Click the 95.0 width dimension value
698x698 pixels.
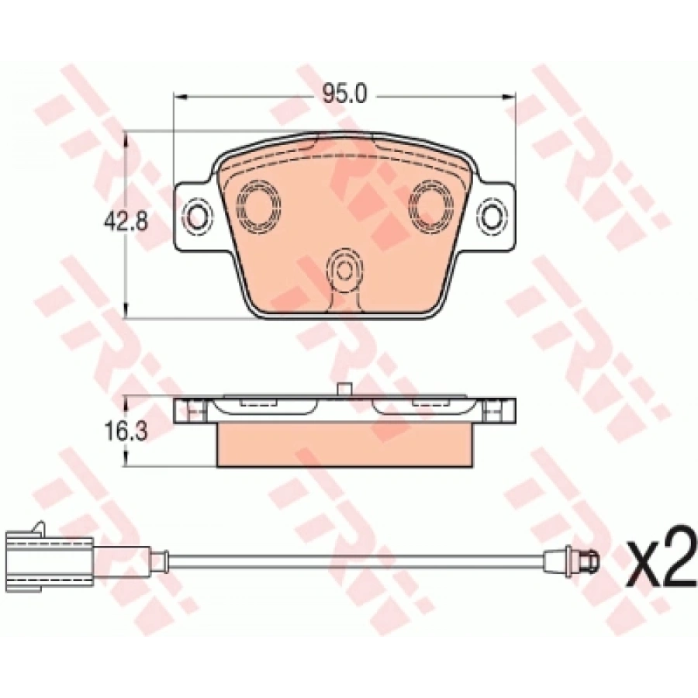pyautogui.click(x=344, y=96)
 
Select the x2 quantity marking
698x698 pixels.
pyautogui.click(x=659, y=568)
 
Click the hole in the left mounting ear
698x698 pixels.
pyautogui.click(x=199, y=213)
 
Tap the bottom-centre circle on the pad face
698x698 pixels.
pyautogui.click(x=344, y=269)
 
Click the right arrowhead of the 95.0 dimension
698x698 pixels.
pyautogui.click(x=513, y=96)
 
